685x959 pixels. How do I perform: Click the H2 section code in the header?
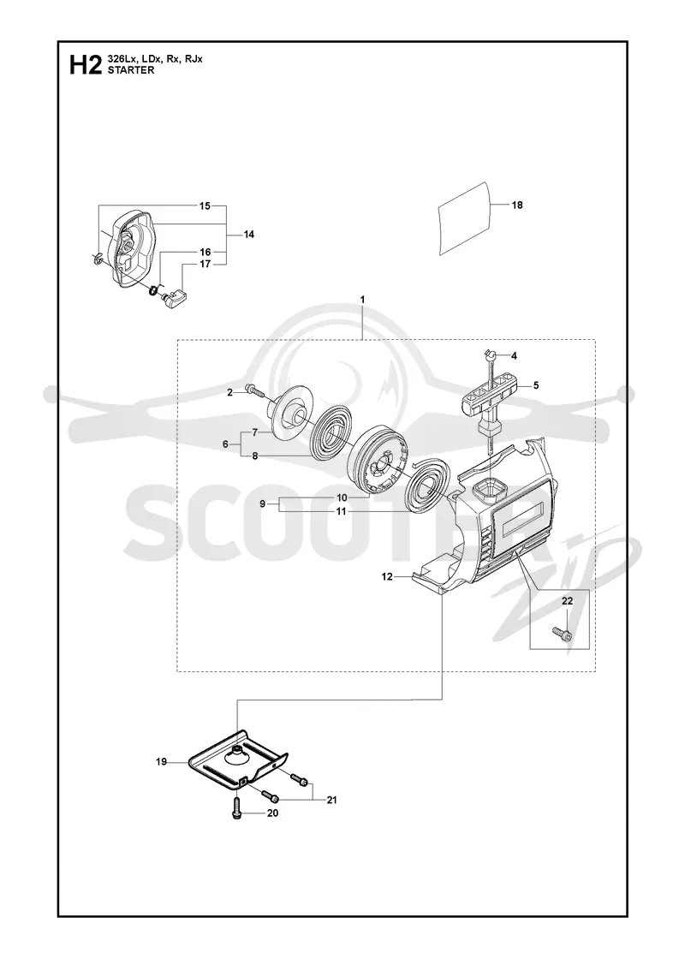[85, 64]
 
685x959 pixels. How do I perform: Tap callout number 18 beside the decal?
[517, 205]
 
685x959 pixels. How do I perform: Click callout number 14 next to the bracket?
[248, 235]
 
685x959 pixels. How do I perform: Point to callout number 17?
[205, 265]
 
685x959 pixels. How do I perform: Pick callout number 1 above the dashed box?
[362, 300]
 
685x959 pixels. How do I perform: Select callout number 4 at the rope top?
[514, 355]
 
